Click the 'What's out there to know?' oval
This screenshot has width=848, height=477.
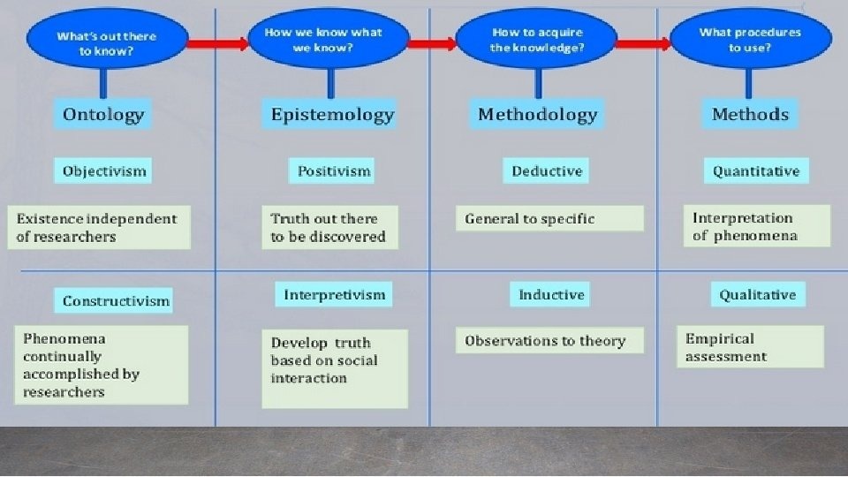(107, 38)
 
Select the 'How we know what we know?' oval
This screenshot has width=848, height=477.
(329, 38)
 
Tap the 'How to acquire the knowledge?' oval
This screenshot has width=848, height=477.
(536, 38)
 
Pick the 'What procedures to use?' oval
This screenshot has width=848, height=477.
(751, 38)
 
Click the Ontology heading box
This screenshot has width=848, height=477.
(102, 114)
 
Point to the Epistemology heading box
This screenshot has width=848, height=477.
(329, 114)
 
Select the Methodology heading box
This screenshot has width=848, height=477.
(536, 114)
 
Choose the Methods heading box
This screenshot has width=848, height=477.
(750, 114)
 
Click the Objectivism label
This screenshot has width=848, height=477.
(102, 170)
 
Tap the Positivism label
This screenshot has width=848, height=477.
(331, 170)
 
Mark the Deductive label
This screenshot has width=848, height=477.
(546, 170)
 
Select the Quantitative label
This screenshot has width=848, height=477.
(757, 170)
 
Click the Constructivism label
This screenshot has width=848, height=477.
(114, 300)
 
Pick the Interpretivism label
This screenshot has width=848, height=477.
(334, 294)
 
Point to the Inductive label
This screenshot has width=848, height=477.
(549, 294)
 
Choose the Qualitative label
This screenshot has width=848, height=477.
(758, 294)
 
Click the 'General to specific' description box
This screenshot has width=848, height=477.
(549, 218)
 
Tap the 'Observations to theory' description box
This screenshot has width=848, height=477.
(549, 340)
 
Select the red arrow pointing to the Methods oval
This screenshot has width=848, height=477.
(644, 44)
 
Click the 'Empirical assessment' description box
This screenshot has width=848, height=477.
(751, 346)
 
